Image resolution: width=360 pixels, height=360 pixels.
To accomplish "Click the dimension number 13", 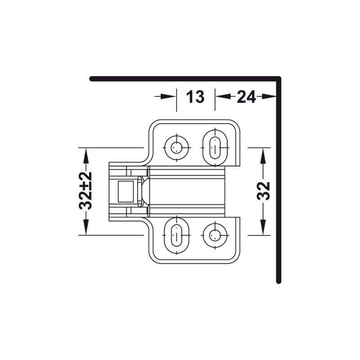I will coord(195,96).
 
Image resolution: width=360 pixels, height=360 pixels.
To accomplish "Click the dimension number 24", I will coord(246,96).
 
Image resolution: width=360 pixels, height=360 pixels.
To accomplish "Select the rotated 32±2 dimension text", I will coord(85,191).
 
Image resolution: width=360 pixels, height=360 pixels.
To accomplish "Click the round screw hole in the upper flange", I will coord(176,147).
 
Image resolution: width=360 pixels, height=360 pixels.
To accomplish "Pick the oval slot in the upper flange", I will coord(215,147).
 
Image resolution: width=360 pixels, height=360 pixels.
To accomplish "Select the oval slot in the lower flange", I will coord(176,234).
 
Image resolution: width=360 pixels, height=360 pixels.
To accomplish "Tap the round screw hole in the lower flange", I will coord(215,234).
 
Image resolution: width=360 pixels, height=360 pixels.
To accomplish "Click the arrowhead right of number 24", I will coord(269,96).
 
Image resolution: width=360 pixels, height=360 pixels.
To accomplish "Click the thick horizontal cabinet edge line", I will coord(180,79).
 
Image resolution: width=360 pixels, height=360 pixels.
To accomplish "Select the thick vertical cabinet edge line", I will coord(279,180).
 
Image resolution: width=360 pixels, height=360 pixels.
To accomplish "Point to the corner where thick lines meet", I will coord(279,79).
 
